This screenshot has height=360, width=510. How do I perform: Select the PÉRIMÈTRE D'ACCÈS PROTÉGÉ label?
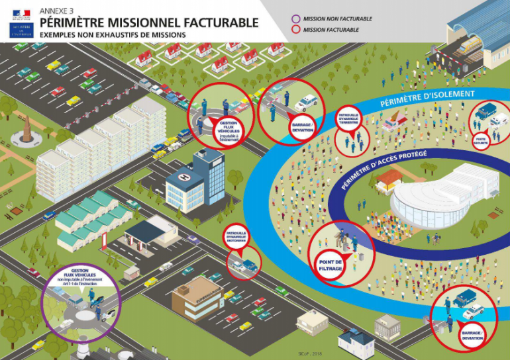384,169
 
